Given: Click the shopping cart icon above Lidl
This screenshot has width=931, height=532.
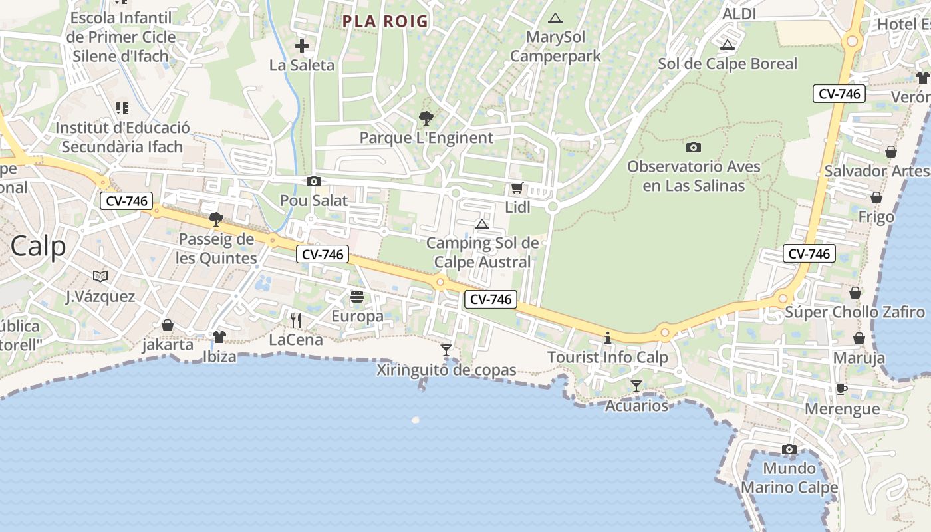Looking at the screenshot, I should [x=517, y=188].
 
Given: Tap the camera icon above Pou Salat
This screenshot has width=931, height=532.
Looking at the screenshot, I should [x=313, y=181].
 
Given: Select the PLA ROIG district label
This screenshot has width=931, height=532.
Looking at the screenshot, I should [x=385, y=21].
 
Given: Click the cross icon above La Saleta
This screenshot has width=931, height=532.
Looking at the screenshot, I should [x=302, y=46].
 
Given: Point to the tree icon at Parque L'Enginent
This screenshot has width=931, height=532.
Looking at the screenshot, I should [x=426, y=118].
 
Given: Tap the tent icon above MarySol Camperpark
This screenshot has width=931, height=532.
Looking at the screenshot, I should [x=555, y=18].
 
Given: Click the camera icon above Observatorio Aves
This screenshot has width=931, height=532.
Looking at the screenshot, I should [x=693, y=147].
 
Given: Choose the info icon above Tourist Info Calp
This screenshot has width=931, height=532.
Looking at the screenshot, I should [x=607, y=338].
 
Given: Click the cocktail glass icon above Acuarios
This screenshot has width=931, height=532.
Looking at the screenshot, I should [x=636, y=386].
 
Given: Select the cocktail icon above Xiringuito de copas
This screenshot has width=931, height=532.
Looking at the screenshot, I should [x=446, y=350].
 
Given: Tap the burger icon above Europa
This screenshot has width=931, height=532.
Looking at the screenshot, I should [x=357, y=297].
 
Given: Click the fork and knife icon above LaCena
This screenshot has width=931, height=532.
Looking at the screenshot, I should [x=296, y=321].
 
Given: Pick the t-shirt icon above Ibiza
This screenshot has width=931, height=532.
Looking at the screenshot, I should [x=219, y=337].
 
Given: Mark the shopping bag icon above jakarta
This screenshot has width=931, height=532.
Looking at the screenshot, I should [x=168, y=325].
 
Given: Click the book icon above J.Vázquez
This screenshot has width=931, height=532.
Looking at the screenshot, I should [x=100, y=276].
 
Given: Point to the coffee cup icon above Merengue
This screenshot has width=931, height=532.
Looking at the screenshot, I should [x=842, y=389].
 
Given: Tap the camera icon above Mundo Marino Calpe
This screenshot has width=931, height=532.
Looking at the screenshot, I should [x=789, y=449].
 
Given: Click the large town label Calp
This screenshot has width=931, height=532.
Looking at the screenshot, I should [x=38, y=246].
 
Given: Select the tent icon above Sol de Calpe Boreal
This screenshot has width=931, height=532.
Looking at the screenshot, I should [x=727, y=45].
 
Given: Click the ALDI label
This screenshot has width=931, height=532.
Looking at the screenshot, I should [x=739, y=14].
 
